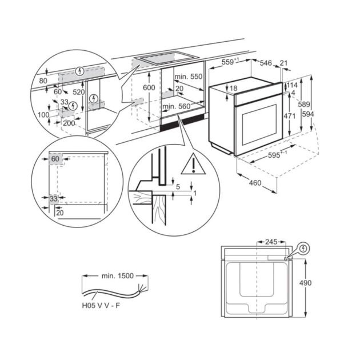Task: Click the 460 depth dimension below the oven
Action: click(x=254, y=183)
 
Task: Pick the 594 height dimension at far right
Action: click(x=323, y=114)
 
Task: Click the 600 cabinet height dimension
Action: click(x=149, y=87)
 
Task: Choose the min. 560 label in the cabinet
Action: click(x=177, y=106)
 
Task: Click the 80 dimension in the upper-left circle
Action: click(x=43, y=81)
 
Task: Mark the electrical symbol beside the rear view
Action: click(x=302, y=248)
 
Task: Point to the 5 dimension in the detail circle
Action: click(x=177, y=187)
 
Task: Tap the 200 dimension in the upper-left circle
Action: click(x=69, y=122)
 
